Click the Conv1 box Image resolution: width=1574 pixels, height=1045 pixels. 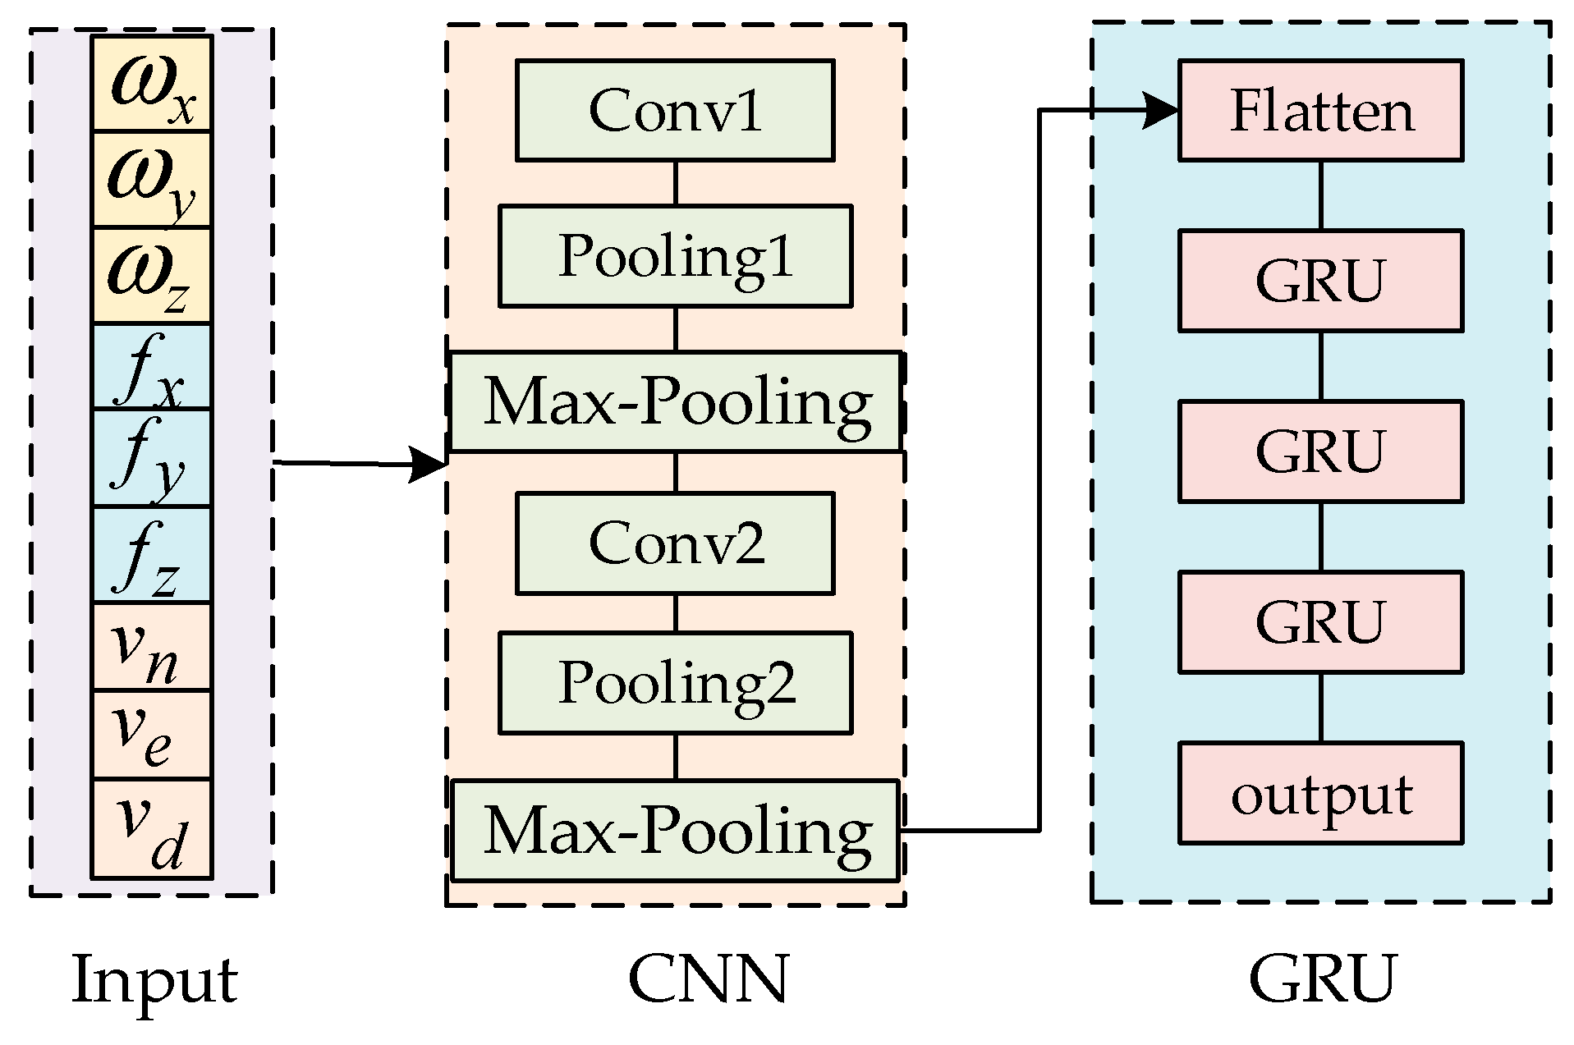[675, 110]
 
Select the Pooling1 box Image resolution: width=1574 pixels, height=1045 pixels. [675, 256]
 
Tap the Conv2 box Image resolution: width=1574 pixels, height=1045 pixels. [675, 543]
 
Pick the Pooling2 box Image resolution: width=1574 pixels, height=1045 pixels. [675, 682]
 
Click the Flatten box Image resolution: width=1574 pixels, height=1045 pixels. [1320, 110]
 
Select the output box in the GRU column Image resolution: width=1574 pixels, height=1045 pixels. [1320, 793]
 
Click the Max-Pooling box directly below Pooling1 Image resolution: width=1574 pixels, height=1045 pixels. [675, 401]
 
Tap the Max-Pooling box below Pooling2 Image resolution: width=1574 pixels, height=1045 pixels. [675, 830]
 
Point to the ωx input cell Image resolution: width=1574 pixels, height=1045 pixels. [151, 84]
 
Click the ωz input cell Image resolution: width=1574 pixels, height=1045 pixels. [151, 276]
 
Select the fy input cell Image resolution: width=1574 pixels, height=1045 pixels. [151, 458]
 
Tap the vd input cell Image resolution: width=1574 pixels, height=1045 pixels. [151, 829]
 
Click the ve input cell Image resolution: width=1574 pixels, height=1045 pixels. [151, 735]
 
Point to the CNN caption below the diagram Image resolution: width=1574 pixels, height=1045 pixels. [708, 979]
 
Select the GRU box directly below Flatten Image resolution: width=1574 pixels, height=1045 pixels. [1320, 281]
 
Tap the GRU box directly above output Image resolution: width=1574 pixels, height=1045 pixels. [1320, 621]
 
